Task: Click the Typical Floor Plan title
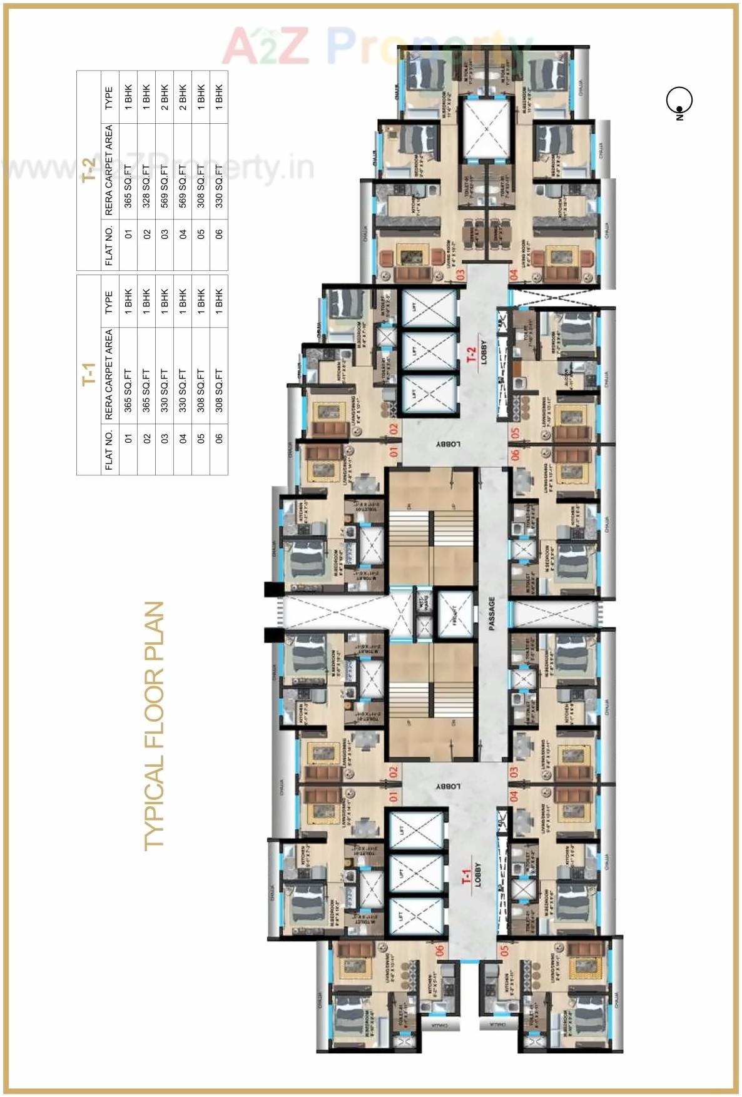(153, 725)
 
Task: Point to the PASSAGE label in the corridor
(492, 613)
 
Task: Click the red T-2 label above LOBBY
(471, 355)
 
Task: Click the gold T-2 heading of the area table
(89, 170)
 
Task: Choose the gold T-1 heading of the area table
(89, 374)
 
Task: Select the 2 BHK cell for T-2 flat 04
(183, 98)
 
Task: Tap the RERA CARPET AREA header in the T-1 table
(109, 374)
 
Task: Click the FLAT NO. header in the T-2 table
(109, 245)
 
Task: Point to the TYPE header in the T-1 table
(109, 301)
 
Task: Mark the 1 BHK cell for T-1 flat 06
(219, 301)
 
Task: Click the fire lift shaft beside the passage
(454, 614)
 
